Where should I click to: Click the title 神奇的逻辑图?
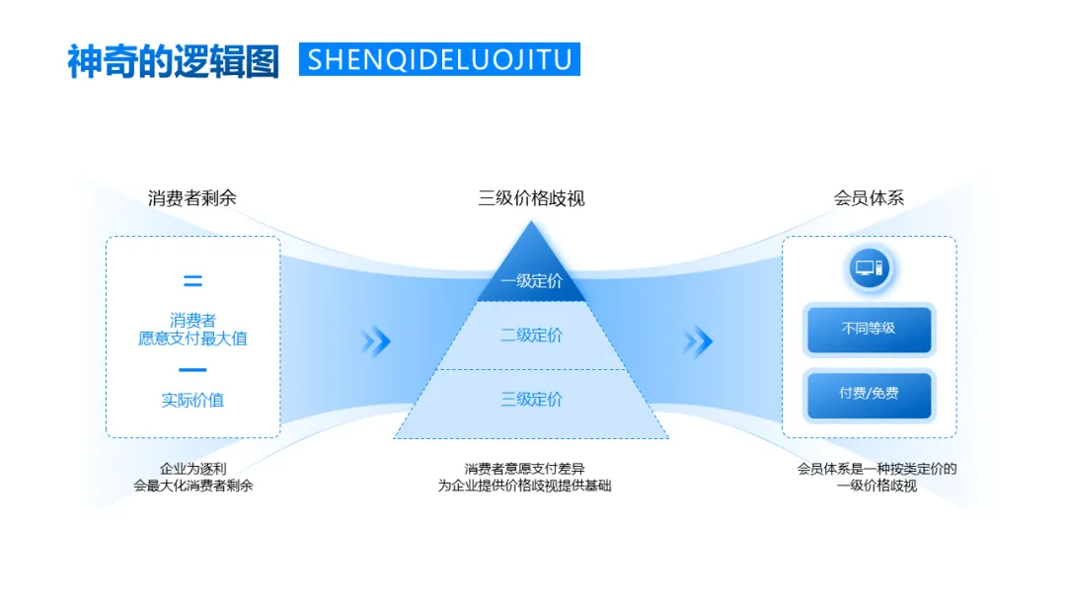pyautogui.click(x=173, y=60)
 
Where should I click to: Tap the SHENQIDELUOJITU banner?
pyautogui.click(x=439, y=59)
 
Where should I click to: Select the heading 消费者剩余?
pyautogui.click(x=192, y=197)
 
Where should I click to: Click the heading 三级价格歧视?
pyautogui.click(x=531, y=198)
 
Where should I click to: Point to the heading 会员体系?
pyautogui.click(x=869, y=197)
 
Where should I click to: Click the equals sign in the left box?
pyautogui.click(x=192, y=281)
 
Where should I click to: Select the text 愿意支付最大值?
pyautogui.click(x=192, y=338)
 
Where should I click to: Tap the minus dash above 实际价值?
pyautogui.click(x=192, y=371)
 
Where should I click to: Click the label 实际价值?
pyautogui.click(x=192, y=400)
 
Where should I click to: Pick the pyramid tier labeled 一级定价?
pyautogui.click(x=531, y=281)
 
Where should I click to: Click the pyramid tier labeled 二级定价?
pyautogui.click(x=531, y=336)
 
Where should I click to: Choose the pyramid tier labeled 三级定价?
pyautogui.click(x=531, y=400)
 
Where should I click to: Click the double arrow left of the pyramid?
pyautogui.click(x=375, y=342)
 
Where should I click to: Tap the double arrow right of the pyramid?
pyautogui.click(x=697, y=342)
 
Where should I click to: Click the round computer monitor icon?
pyautogui.click(x=870, y=268)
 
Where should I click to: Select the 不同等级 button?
pyautogui.click(x=869, y=330)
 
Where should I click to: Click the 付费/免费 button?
pyautogui.click(x=869, y=394)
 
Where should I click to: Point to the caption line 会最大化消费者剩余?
pyautogui.click(x=193, y=486)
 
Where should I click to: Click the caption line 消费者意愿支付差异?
pyautogui.click(x=524, y=469)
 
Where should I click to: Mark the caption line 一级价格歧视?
pyautogui.click(x=876, y=486)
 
